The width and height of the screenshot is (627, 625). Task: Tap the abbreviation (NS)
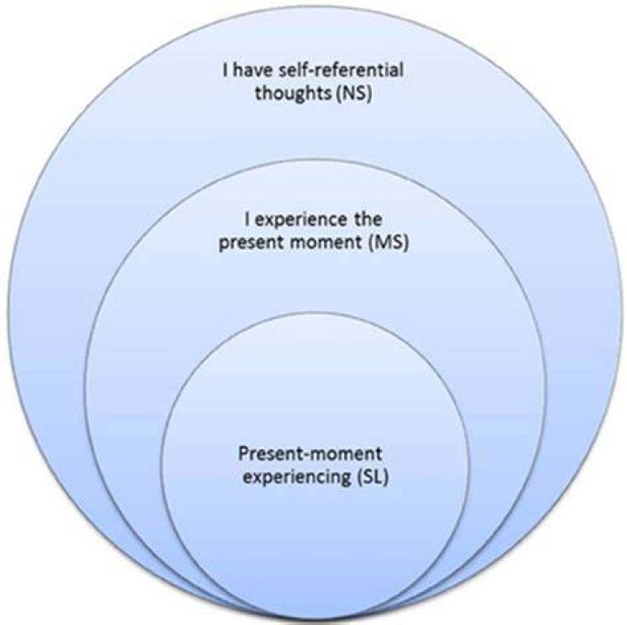point(354,93)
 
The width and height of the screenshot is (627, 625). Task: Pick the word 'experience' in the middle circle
point(301,221)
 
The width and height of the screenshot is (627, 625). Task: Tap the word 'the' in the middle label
point(367,220)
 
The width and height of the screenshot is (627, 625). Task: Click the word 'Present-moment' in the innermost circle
point(310,454)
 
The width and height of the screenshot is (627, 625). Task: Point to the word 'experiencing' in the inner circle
point(297,478)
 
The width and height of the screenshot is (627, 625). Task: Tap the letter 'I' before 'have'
point(226,71)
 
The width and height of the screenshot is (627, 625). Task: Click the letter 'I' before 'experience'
point(248,220)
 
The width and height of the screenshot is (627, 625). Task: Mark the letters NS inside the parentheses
point(354,93)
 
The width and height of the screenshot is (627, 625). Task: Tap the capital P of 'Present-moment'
point(244,453)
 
